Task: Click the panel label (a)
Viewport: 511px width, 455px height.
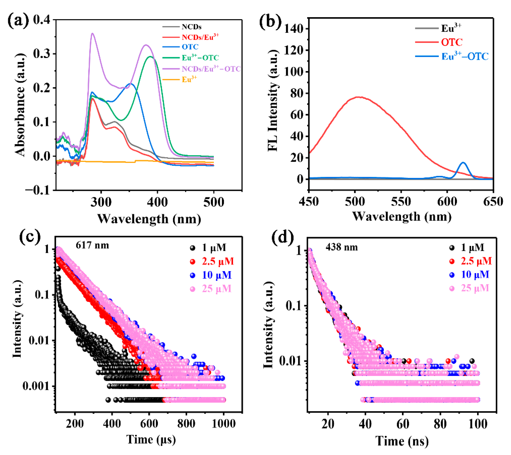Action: pyautogui.click(x=18, y=20)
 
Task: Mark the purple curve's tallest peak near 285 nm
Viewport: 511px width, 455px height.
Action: pyautogui.click(x=92, y=33)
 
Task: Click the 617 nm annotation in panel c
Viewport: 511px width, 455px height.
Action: pyautogui.click(x=92, y=245)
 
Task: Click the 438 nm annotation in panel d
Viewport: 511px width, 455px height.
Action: pyautogui.click(x=341, y=247)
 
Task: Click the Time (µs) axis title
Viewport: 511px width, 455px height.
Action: pyautogui.click(x=151, y=440)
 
